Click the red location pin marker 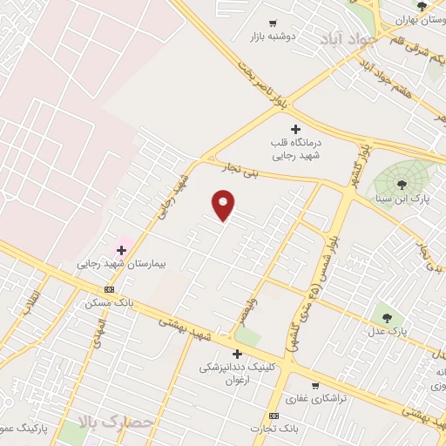tap(224, 204)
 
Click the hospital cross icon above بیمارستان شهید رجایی tap(121, 250)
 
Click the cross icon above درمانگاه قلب tap(296, 129)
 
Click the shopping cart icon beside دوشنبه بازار tap(273, 24)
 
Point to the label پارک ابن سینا tap(402, 199)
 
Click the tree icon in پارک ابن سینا tap(402, 184)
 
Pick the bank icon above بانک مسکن tap(109, 290)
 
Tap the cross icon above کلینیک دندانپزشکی tap(237, 354)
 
